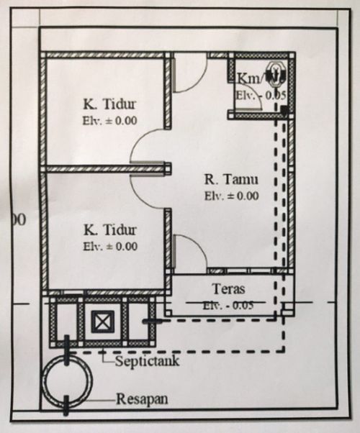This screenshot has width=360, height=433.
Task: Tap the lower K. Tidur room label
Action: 109,230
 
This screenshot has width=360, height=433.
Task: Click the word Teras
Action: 230,289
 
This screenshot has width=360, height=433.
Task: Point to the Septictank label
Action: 147,361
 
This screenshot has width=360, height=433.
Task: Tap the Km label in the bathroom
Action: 248,78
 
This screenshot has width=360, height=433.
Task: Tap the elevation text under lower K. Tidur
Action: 109,247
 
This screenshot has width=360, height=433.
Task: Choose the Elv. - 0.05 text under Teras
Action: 230,305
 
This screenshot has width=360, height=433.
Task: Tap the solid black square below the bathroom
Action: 284,110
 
